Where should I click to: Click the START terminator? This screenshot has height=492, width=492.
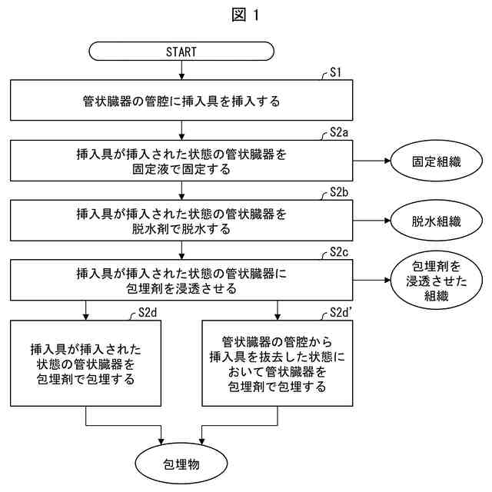pos(181,52)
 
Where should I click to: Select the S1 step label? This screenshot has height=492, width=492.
pos(335,74)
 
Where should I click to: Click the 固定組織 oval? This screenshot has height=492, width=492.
pos(436,162)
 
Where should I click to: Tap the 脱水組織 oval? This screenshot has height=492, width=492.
pos(436,222)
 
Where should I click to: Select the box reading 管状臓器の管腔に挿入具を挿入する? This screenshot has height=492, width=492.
pos(181,101)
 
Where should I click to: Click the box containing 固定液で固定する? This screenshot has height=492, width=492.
pos(181,161)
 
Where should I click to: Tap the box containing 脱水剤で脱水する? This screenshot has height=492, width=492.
pos(181,221)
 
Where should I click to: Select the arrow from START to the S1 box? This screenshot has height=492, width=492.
pos(181,71)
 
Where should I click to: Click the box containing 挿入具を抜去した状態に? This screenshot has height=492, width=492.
pos(278,363)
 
